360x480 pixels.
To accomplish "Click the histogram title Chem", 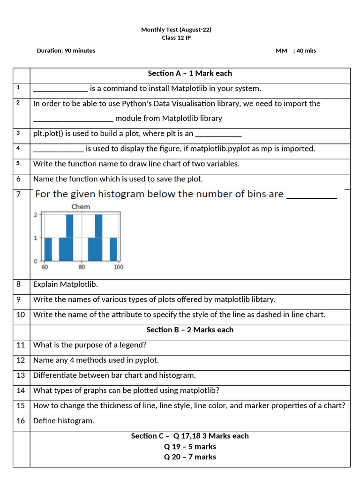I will pos(81,206).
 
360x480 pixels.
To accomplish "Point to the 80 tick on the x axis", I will pos(82,267).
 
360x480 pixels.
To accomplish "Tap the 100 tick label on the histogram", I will pos(118,267).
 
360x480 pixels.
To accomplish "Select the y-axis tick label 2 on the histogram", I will pos(36,215).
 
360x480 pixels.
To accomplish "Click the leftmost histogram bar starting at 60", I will pos(48,249).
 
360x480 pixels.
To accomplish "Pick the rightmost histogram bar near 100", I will pos(113,249).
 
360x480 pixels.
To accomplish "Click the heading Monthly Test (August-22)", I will pos(176,30).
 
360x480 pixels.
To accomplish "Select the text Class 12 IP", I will pos(176,38).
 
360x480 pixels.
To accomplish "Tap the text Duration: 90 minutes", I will pos(66,51).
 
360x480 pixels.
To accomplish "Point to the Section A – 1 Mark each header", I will pos(190,73).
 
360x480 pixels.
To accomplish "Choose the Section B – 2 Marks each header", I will pos(190,330).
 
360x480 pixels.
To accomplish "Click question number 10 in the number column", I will pos(21,315).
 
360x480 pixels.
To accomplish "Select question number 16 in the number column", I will pos(21,420).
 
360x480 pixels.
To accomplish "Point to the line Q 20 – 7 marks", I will pos(190,457).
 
